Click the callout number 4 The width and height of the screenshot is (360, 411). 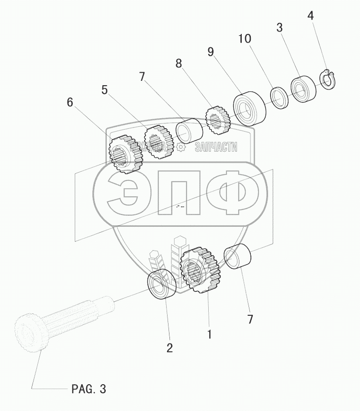pos(311,16)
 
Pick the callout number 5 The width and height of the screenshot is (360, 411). pos(105,89)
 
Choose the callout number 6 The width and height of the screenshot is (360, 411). pos(70,103)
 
